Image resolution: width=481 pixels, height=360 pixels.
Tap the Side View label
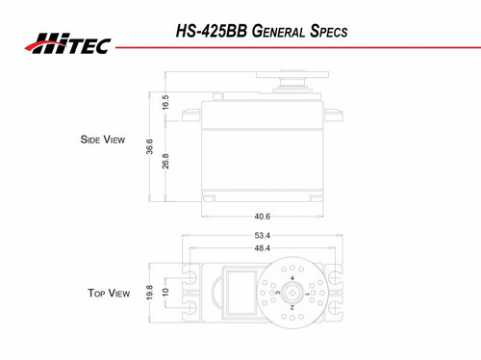pyautogui.click(x=102, y=140)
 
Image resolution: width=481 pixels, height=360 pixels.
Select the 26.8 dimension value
pyautogui.click(x=165, y=161)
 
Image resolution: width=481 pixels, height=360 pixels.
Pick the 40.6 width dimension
pyautogui.click(x=262, y=217)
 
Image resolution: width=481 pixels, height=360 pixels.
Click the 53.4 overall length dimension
pyautogui.click(x=262, y=235)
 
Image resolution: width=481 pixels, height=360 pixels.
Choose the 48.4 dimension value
pyautogui.click(x=262, y=248)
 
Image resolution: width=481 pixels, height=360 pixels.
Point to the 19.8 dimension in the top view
pyautogui.click(x=150, y=292)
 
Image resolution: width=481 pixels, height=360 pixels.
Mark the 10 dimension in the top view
pyautogui.click(x=165, y=292)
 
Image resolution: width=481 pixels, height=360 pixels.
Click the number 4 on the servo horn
pyautogui.click(x=291, y=278)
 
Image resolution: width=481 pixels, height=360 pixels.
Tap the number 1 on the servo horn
pyautogui.click(x=307, y=293)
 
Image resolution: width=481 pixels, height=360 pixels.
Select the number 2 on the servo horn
pyautogui.click(x=291, y=307)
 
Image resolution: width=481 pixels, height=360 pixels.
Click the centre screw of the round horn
pyautogui.click(x=291, y=292)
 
